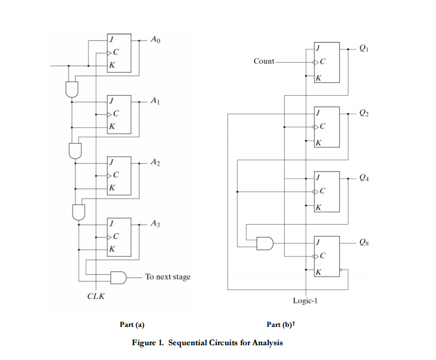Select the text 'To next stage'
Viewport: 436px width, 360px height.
[168, 277]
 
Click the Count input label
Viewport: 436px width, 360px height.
[263, 61]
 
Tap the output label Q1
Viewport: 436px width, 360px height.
[364, 49]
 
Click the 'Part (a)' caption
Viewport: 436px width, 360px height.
[132, 325]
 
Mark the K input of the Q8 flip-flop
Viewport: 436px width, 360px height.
[318, 271]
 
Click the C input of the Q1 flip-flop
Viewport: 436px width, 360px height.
[323, 61]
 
